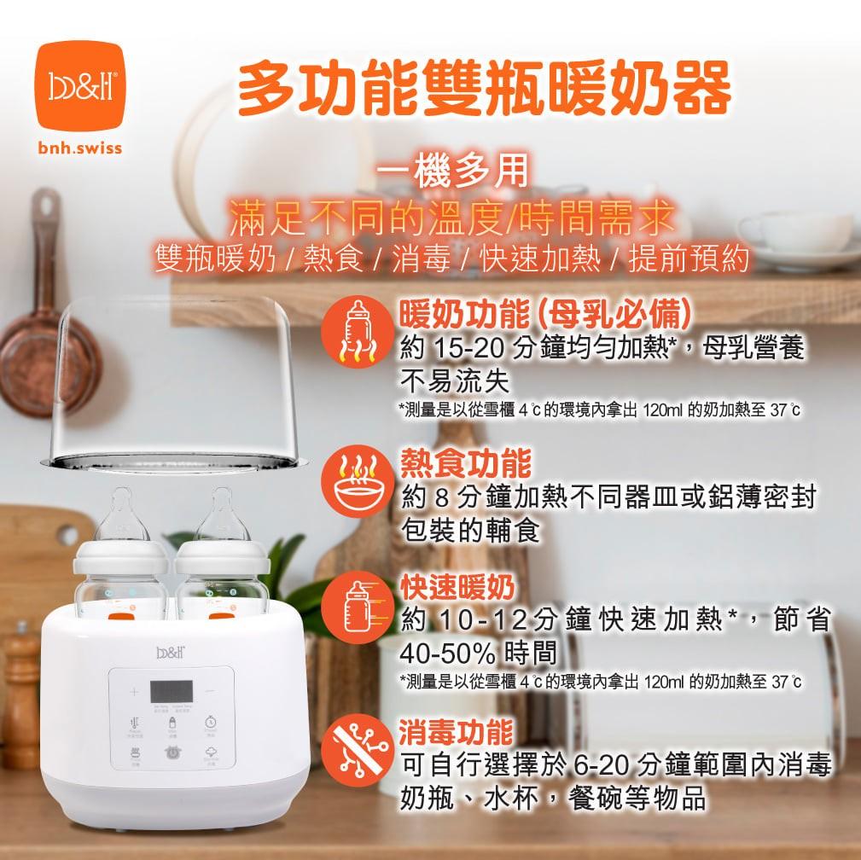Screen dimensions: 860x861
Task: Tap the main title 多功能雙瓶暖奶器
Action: tap(484, 90)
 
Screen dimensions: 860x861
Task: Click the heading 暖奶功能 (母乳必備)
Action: tap(544, 316)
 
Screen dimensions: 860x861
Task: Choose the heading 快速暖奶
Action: tap(457, 588)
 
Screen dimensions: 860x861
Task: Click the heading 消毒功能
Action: tap(457, 730)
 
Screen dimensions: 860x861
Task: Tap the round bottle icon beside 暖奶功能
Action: tap(358, 334)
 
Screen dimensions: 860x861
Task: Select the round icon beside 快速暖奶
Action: tap(358, 610)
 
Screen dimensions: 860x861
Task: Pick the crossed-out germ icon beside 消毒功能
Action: tap(358, 751)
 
